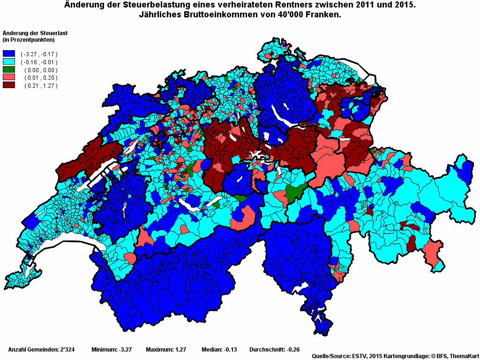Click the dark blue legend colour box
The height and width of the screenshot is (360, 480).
click(x=9, y=54)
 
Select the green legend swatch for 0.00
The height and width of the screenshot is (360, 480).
click(x=9, y=69)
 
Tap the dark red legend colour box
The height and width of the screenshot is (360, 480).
click(x=9, y=85)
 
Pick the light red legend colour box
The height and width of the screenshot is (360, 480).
click(x=9, y=77)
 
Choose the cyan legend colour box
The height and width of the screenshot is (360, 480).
click(x=9, y=62)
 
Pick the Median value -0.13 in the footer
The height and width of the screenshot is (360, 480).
click(x=230, y=350)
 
